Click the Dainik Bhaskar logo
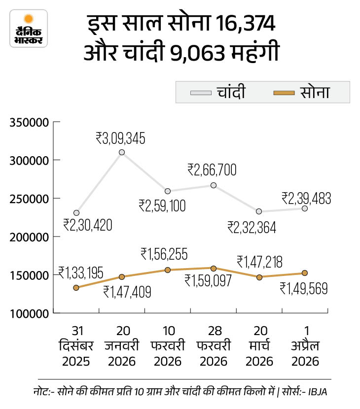tap(28, 28)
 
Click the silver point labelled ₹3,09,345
tap(122, 152)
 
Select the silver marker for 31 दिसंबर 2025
tap(76, 213)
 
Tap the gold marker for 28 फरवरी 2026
tap(214, 269)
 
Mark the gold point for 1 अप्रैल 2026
tap(305, 273)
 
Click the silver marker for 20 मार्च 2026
tap(259, 211)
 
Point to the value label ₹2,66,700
tap(212, 170)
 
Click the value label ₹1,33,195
tap(81, 272)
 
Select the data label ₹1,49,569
tap(305, 288)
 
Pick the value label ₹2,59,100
tap(162, 205)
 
